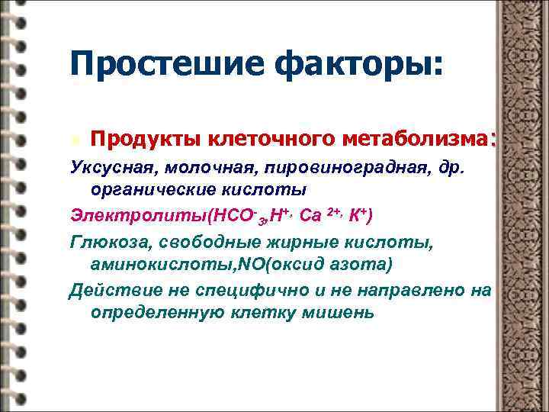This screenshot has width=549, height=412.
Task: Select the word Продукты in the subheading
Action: (141, 140)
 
